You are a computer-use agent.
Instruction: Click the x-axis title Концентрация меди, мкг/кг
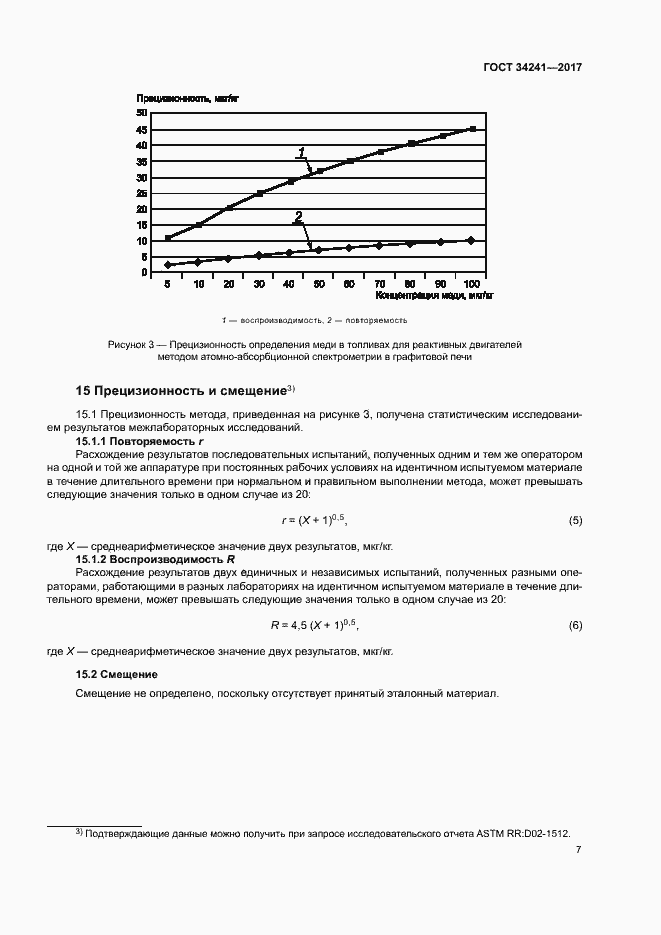click(434, 296)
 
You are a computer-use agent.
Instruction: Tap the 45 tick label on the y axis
click(142, 129)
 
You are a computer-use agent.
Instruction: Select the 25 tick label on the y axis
click(142, 193)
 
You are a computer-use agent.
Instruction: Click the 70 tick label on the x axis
click(380, 285)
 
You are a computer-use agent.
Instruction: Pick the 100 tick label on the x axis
click(472, 285)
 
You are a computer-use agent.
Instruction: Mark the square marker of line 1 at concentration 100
click(472, 129)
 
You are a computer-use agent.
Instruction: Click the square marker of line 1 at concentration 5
click(168, 238)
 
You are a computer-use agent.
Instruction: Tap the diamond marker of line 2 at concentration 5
click(168, 265)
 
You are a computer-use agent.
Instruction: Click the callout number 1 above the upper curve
click(300, 153)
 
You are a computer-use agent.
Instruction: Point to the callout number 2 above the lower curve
click(297, 217)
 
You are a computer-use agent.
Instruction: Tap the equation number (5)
click(575, 521)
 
